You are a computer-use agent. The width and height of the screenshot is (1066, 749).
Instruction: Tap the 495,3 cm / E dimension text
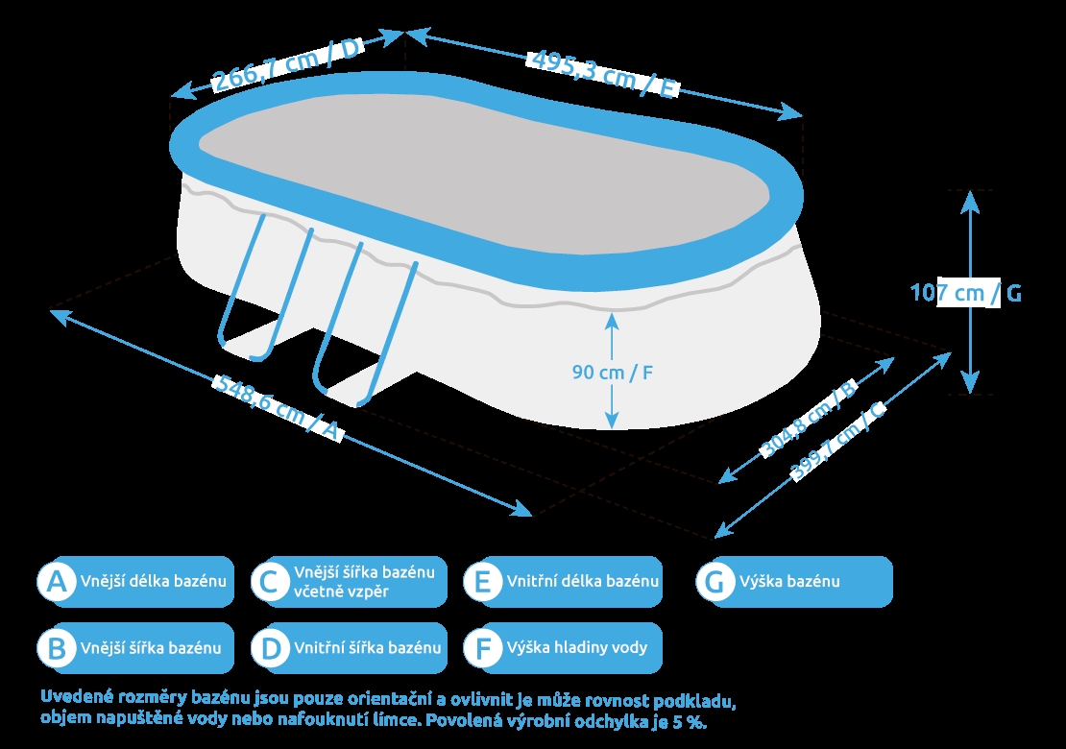(x=603, y=72)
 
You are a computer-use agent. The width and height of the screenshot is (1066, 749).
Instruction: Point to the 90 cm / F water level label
(x=613, y=372)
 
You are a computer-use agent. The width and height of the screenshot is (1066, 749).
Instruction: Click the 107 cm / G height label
(x=965, y=293)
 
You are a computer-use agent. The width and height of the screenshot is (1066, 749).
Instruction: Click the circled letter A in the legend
(x=57, y=582)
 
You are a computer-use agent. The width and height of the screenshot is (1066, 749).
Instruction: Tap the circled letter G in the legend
(x=714, y=582)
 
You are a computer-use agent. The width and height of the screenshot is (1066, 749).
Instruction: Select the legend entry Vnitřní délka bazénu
(x=583, y=582)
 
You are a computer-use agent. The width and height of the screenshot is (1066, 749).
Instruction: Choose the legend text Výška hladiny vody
(x=577, y=647)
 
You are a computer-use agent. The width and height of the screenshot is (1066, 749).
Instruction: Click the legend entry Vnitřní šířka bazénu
(x=368, y=647)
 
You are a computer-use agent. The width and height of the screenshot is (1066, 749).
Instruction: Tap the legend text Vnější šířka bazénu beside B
(x=151, y=647)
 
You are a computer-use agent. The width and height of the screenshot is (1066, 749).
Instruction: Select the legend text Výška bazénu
(x=789, y=582)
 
